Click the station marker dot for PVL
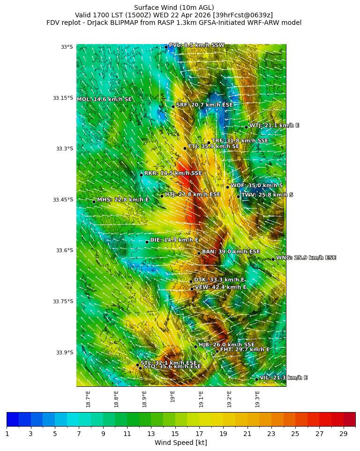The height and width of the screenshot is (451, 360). tap(166, 47)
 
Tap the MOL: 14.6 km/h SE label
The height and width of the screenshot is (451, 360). tap(104, 99)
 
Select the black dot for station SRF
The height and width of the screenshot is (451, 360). tap(173, 106)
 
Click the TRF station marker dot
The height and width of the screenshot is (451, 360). tap(209, 143)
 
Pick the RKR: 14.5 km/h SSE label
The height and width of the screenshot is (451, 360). tap(173, 173)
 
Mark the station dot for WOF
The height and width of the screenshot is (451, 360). tap(228, 187)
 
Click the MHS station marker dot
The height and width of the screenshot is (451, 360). tap(94, 202)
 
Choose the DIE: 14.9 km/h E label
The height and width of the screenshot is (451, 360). tap(174, 240)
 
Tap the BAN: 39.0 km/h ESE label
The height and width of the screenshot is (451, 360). tap(231, 252)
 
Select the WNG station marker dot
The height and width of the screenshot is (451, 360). tap(273, 259)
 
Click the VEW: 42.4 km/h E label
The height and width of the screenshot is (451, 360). tap(220, 287)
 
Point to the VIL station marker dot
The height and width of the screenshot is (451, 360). tap(257, 379)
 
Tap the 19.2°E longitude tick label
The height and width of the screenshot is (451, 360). tap(229, 398)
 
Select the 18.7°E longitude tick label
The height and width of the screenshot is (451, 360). tap(88, 398)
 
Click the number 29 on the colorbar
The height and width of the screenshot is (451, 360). tap(344, 434)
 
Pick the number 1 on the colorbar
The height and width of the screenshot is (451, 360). tap(7, 434)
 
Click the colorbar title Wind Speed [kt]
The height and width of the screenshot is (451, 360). tap(180, 443)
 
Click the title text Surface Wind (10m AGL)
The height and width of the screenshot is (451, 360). tap(174, 8)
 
